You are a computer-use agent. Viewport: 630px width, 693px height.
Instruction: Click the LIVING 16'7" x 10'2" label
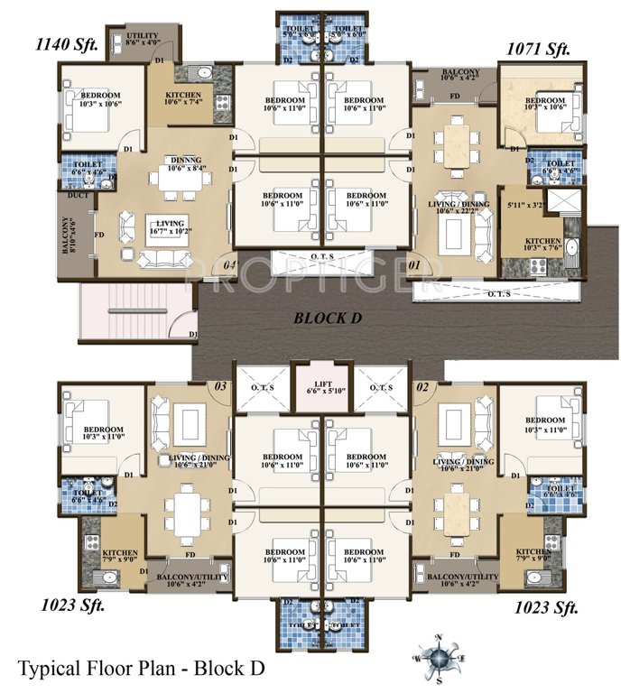(x=170, y=226)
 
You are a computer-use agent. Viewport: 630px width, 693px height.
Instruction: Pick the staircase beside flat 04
(x=135, y=310)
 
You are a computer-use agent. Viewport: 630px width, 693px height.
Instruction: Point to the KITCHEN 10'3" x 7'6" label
(x=543, y=246)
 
